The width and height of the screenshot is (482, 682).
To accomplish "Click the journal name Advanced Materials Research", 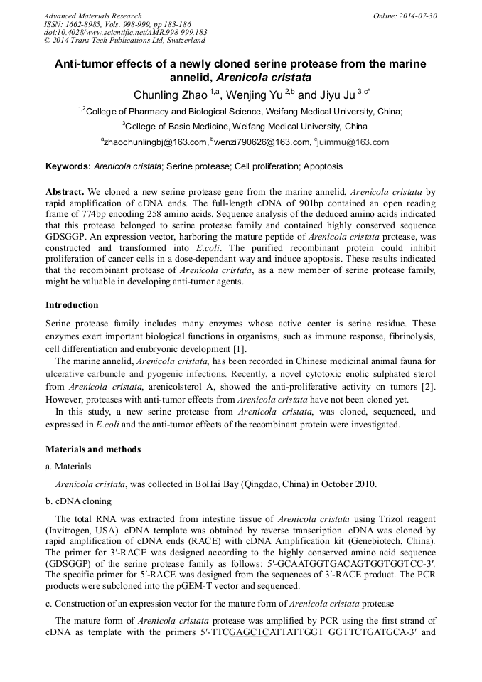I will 93,16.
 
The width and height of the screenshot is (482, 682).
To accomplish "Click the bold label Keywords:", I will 68,166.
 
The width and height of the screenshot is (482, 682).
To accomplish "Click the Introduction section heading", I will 72,305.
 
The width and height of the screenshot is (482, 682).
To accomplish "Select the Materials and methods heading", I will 93,449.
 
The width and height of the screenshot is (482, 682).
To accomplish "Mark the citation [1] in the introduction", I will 240,348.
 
